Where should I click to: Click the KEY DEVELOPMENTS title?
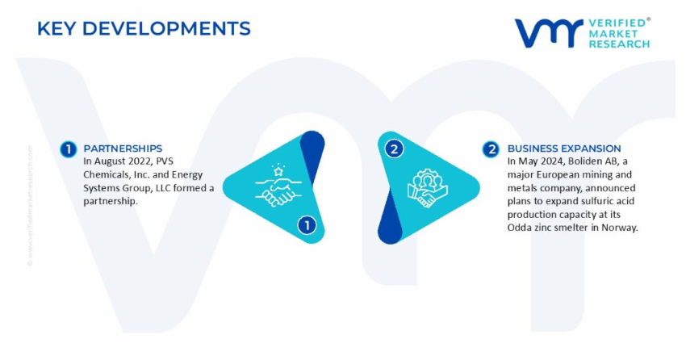click(144, 29)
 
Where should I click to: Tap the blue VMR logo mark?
click(549, 33)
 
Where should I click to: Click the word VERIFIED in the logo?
click(617, 23)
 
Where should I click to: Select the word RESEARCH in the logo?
click(619, 44)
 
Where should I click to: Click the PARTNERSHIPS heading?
click(123, 149)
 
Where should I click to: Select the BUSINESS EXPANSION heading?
click(564, 149)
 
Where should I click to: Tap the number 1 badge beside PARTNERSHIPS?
click(69, 149)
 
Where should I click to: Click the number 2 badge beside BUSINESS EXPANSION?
click(491, 149)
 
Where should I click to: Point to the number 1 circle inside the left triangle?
click(307, 225)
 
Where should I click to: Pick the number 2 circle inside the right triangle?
click(394, 149)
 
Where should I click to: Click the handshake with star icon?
click(278, 185)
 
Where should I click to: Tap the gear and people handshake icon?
click(427, 188)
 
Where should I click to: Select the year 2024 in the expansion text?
click(553, 161)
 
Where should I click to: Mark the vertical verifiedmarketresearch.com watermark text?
click(30, 206)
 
